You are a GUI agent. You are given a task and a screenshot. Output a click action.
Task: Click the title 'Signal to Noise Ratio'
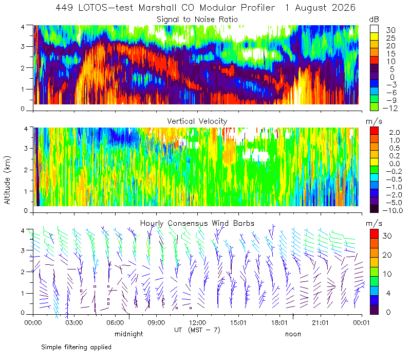[x=197, y=20]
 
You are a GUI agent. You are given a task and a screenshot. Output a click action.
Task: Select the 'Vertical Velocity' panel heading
[x=197, y=121]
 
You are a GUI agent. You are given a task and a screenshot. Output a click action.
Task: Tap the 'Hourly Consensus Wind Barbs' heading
[x=197, y=223]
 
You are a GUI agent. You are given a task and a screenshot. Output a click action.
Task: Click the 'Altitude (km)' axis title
[x=7, y=181]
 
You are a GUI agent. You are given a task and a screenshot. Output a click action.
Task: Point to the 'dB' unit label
[x=374, y=20]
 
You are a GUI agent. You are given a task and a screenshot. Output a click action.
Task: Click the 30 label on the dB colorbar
[x=390, y=30]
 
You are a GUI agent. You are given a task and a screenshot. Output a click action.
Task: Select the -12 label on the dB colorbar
[x=390, y=108]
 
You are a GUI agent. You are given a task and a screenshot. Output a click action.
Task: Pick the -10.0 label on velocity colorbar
[x=393, y=210]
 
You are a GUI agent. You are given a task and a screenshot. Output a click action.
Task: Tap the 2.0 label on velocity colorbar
[x=395, y=133]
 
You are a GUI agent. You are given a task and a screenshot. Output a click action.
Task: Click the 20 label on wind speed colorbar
[x=387, y=255]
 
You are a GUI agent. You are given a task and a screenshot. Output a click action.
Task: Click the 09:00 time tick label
[x=156, y=322]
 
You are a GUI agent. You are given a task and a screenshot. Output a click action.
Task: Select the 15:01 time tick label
[x=238, y=322]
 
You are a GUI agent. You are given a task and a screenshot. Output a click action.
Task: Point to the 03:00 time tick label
[x=74, y=322]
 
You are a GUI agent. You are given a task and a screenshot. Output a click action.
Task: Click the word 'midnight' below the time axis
[x=129, y=334]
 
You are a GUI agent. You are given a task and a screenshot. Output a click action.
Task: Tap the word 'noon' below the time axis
[x=293, y=334]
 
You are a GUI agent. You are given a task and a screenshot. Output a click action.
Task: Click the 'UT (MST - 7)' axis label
[x=197, y=330]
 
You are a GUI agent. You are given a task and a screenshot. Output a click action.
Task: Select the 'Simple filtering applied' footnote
[x=76, y=347]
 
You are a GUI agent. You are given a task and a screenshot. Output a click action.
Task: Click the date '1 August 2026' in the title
[x=320, y=8]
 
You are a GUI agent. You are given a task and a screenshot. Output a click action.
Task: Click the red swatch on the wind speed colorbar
[x=374, y=234]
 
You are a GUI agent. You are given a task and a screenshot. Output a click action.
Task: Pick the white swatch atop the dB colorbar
[x=374, y=29]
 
